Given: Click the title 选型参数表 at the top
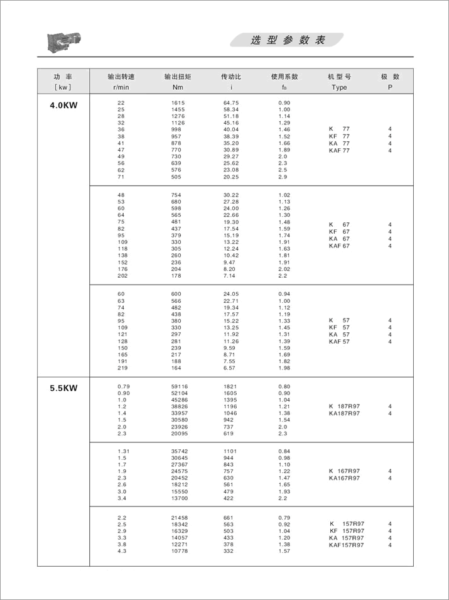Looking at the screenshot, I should pos(288,40).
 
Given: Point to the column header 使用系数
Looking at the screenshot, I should pos(284,77).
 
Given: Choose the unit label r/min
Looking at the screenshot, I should pos(121,87).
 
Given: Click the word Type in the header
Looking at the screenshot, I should pos(339,87).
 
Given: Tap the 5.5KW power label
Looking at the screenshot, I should pos(63,388).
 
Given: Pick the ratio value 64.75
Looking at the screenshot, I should pos(231,102).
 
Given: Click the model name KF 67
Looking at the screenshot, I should pos(339,231).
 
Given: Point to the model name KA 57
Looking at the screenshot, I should pos(339,334).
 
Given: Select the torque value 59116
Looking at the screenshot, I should pos(180,386).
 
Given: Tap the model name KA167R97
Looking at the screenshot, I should pos(344,478).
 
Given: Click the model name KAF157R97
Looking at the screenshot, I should pos(347,545).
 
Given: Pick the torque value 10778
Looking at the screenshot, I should pos(180,551).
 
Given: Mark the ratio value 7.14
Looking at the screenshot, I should pos(230,276).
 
